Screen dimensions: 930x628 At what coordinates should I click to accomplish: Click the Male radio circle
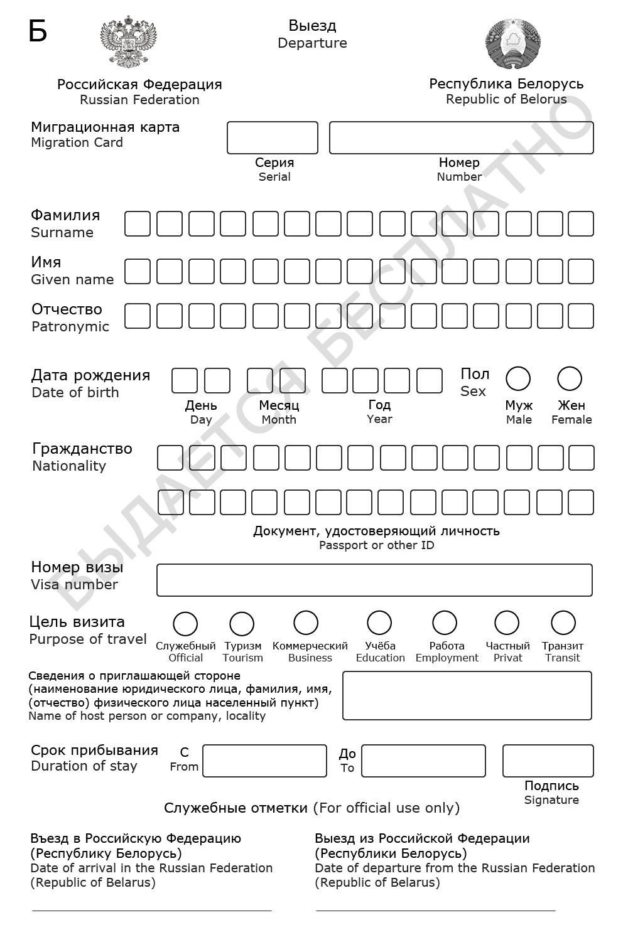pyautogui.click(x=518, y=379)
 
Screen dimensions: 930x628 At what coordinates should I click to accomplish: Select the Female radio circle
pyautogui.click(x=570, y=379)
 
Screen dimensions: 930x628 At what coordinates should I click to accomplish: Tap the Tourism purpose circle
pyautogui.click(x=242, y=624)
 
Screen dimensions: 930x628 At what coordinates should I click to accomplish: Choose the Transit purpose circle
pyautogui.click(x=563, y=623)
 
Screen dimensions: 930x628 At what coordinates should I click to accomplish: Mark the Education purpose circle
pyautogui.click(x=379, y=623)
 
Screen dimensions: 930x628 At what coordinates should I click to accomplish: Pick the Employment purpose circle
pyautogui.click(x=445, y=623)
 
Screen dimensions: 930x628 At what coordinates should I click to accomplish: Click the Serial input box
pyautogui.click(x=273, y=138)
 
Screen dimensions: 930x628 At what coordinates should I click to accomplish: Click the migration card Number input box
pyautogui.click(x=461, y=138)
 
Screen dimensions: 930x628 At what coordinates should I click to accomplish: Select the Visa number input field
pyautogui.click(x=374, y=580)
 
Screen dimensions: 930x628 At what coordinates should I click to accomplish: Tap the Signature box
pyautogui.click(x=548, y=761)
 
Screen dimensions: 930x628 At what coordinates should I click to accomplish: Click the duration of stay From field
pyautogui.click(x=264, y=761)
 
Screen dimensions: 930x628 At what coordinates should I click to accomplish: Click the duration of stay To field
pyautogui.click(x=423, y=761)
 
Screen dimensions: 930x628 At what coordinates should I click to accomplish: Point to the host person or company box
pyautogui.click(x=467, y=695)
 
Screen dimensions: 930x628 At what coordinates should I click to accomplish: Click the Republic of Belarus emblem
pyautogui.click(x=513, y=43)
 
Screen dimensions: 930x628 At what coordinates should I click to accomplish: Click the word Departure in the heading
pyautogui.click(x=312, y=43)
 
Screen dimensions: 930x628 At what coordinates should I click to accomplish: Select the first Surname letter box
pyautogui.click(x=138, y=224)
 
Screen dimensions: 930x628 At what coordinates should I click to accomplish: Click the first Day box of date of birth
pyautogui.click(x=185, y=381)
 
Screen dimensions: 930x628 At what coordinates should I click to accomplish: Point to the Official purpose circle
pyautogui.click(x=185, y=624)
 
